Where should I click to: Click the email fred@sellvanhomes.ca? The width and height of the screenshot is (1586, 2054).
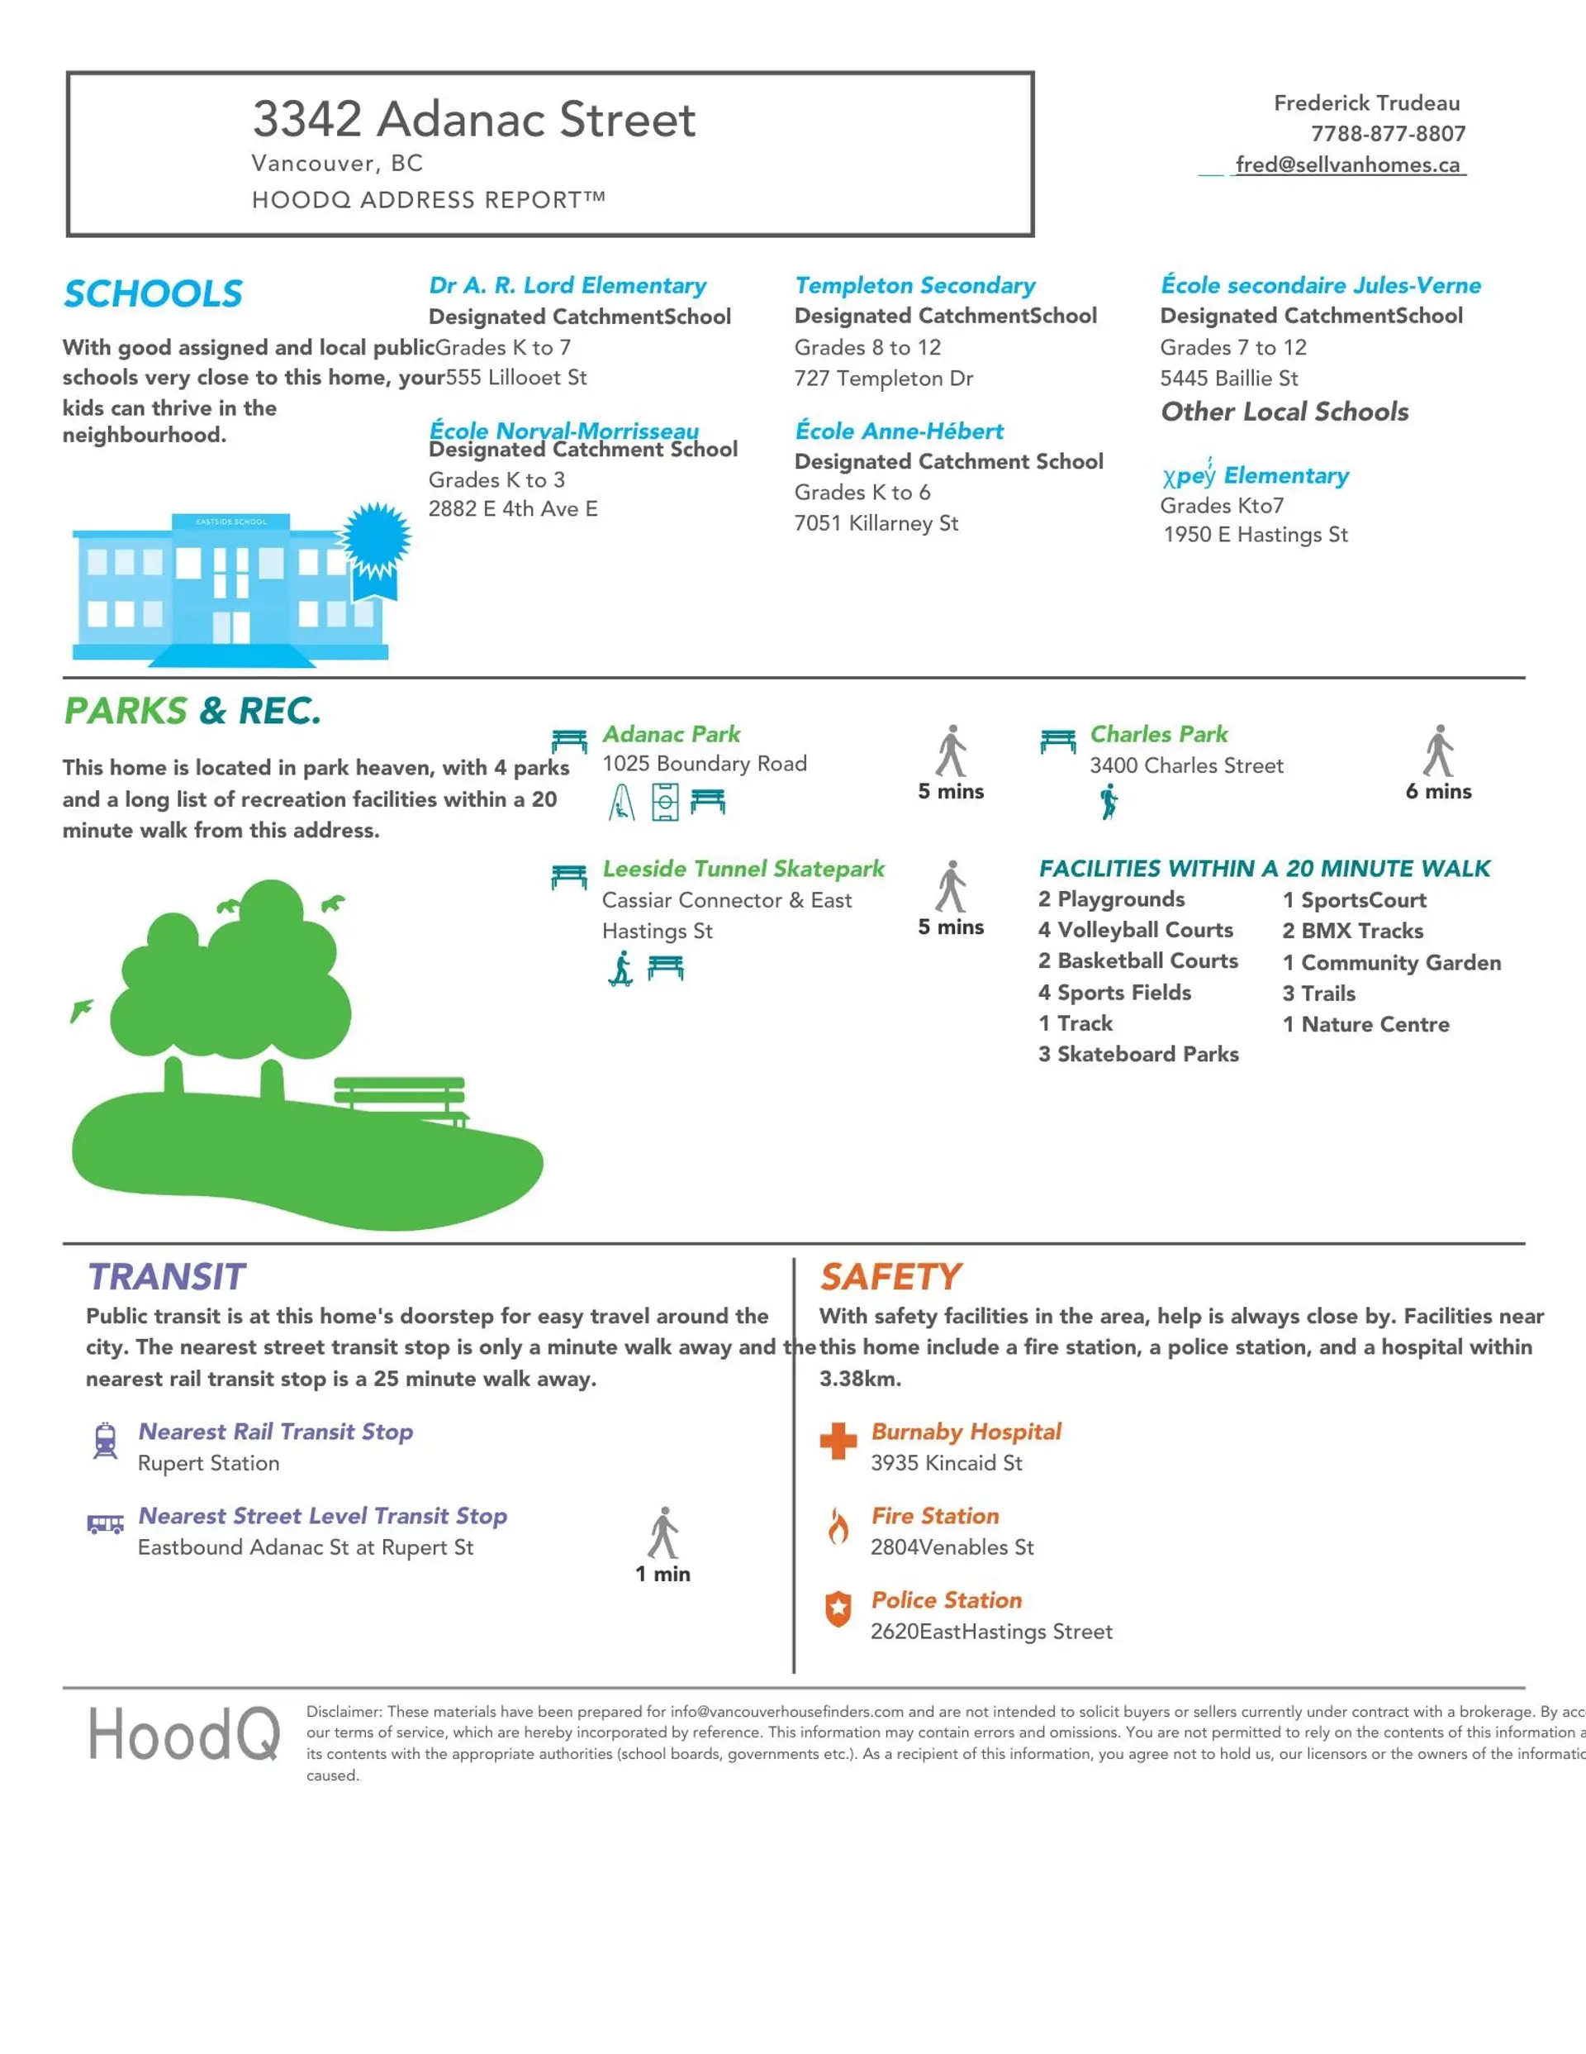pyautogui.click(x=1347, y=164)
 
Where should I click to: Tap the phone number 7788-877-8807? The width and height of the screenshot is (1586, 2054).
pyautogui.click(x=1388, y=134)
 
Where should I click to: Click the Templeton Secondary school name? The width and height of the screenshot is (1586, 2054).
pyautogui.click(x=914, y=285)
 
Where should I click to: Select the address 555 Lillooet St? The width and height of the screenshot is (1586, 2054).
pyautogui.click(x=516, y=377)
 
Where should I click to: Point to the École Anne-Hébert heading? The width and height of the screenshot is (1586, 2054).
pyautogui.click(x=899, y=431)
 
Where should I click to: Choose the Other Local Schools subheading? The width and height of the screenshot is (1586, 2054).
pyautogui.click(x=1284, y=412)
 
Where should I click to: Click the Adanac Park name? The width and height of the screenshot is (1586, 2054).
pyautogui.click(x=672, y=734)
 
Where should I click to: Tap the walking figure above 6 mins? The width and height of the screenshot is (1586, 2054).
pyautogui.click(x=1438, y=751)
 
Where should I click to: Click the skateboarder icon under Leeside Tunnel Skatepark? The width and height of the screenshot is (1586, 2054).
pyautogui.click(x=620, y=968)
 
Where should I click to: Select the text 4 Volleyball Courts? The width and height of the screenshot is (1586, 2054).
pyautogui.click(x=1135, y=929)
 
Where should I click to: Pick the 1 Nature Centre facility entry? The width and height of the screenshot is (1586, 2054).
pyautogui.click(x=1365, y=1024)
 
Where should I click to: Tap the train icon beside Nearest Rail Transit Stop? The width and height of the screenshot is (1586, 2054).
pyautogui.click(x=105, y=1440)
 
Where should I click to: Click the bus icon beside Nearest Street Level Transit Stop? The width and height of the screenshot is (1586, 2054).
pyautogui.click(x=105, y=1523)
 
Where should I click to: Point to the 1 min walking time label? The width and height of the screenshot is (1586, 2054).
pyautogui.click(x=662, y=1574)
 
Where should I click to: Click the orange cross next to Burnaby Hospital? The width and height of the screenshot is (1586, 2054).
pyautogui.click(x=838, y=1440)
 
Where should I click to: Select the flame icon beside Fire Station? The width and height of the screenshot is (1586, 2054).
pyautogui.click(x=838, y=1526)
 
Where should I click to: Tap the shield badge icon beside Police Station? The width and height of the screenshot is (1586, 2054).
pyautogui.click(x=838, y=1609)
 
